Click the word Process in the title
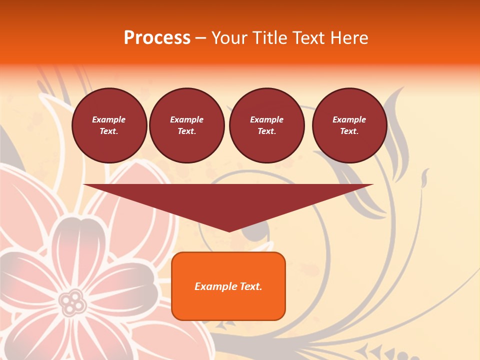[x=157, y=38]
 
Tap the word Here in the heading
[x=348, y=38]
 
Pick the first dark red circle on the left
[x=109, y=125]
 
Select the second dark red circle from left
[x=186, y=125]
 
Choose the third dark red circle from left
[x=266, y=125]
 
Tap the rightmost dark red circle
[x=349, y=125]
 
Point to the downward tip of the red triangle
[x=229, y=230]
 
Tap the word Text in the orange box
[x=250, y=286]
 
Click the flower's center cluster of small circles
[x=73, y=301]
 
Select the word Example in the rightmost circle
[x=349, y=119]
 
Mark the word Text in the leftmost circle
[x=109, y=131]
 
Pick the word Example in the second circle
[x=186, y=119]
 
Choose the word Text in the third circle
[x=266, y=131]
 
